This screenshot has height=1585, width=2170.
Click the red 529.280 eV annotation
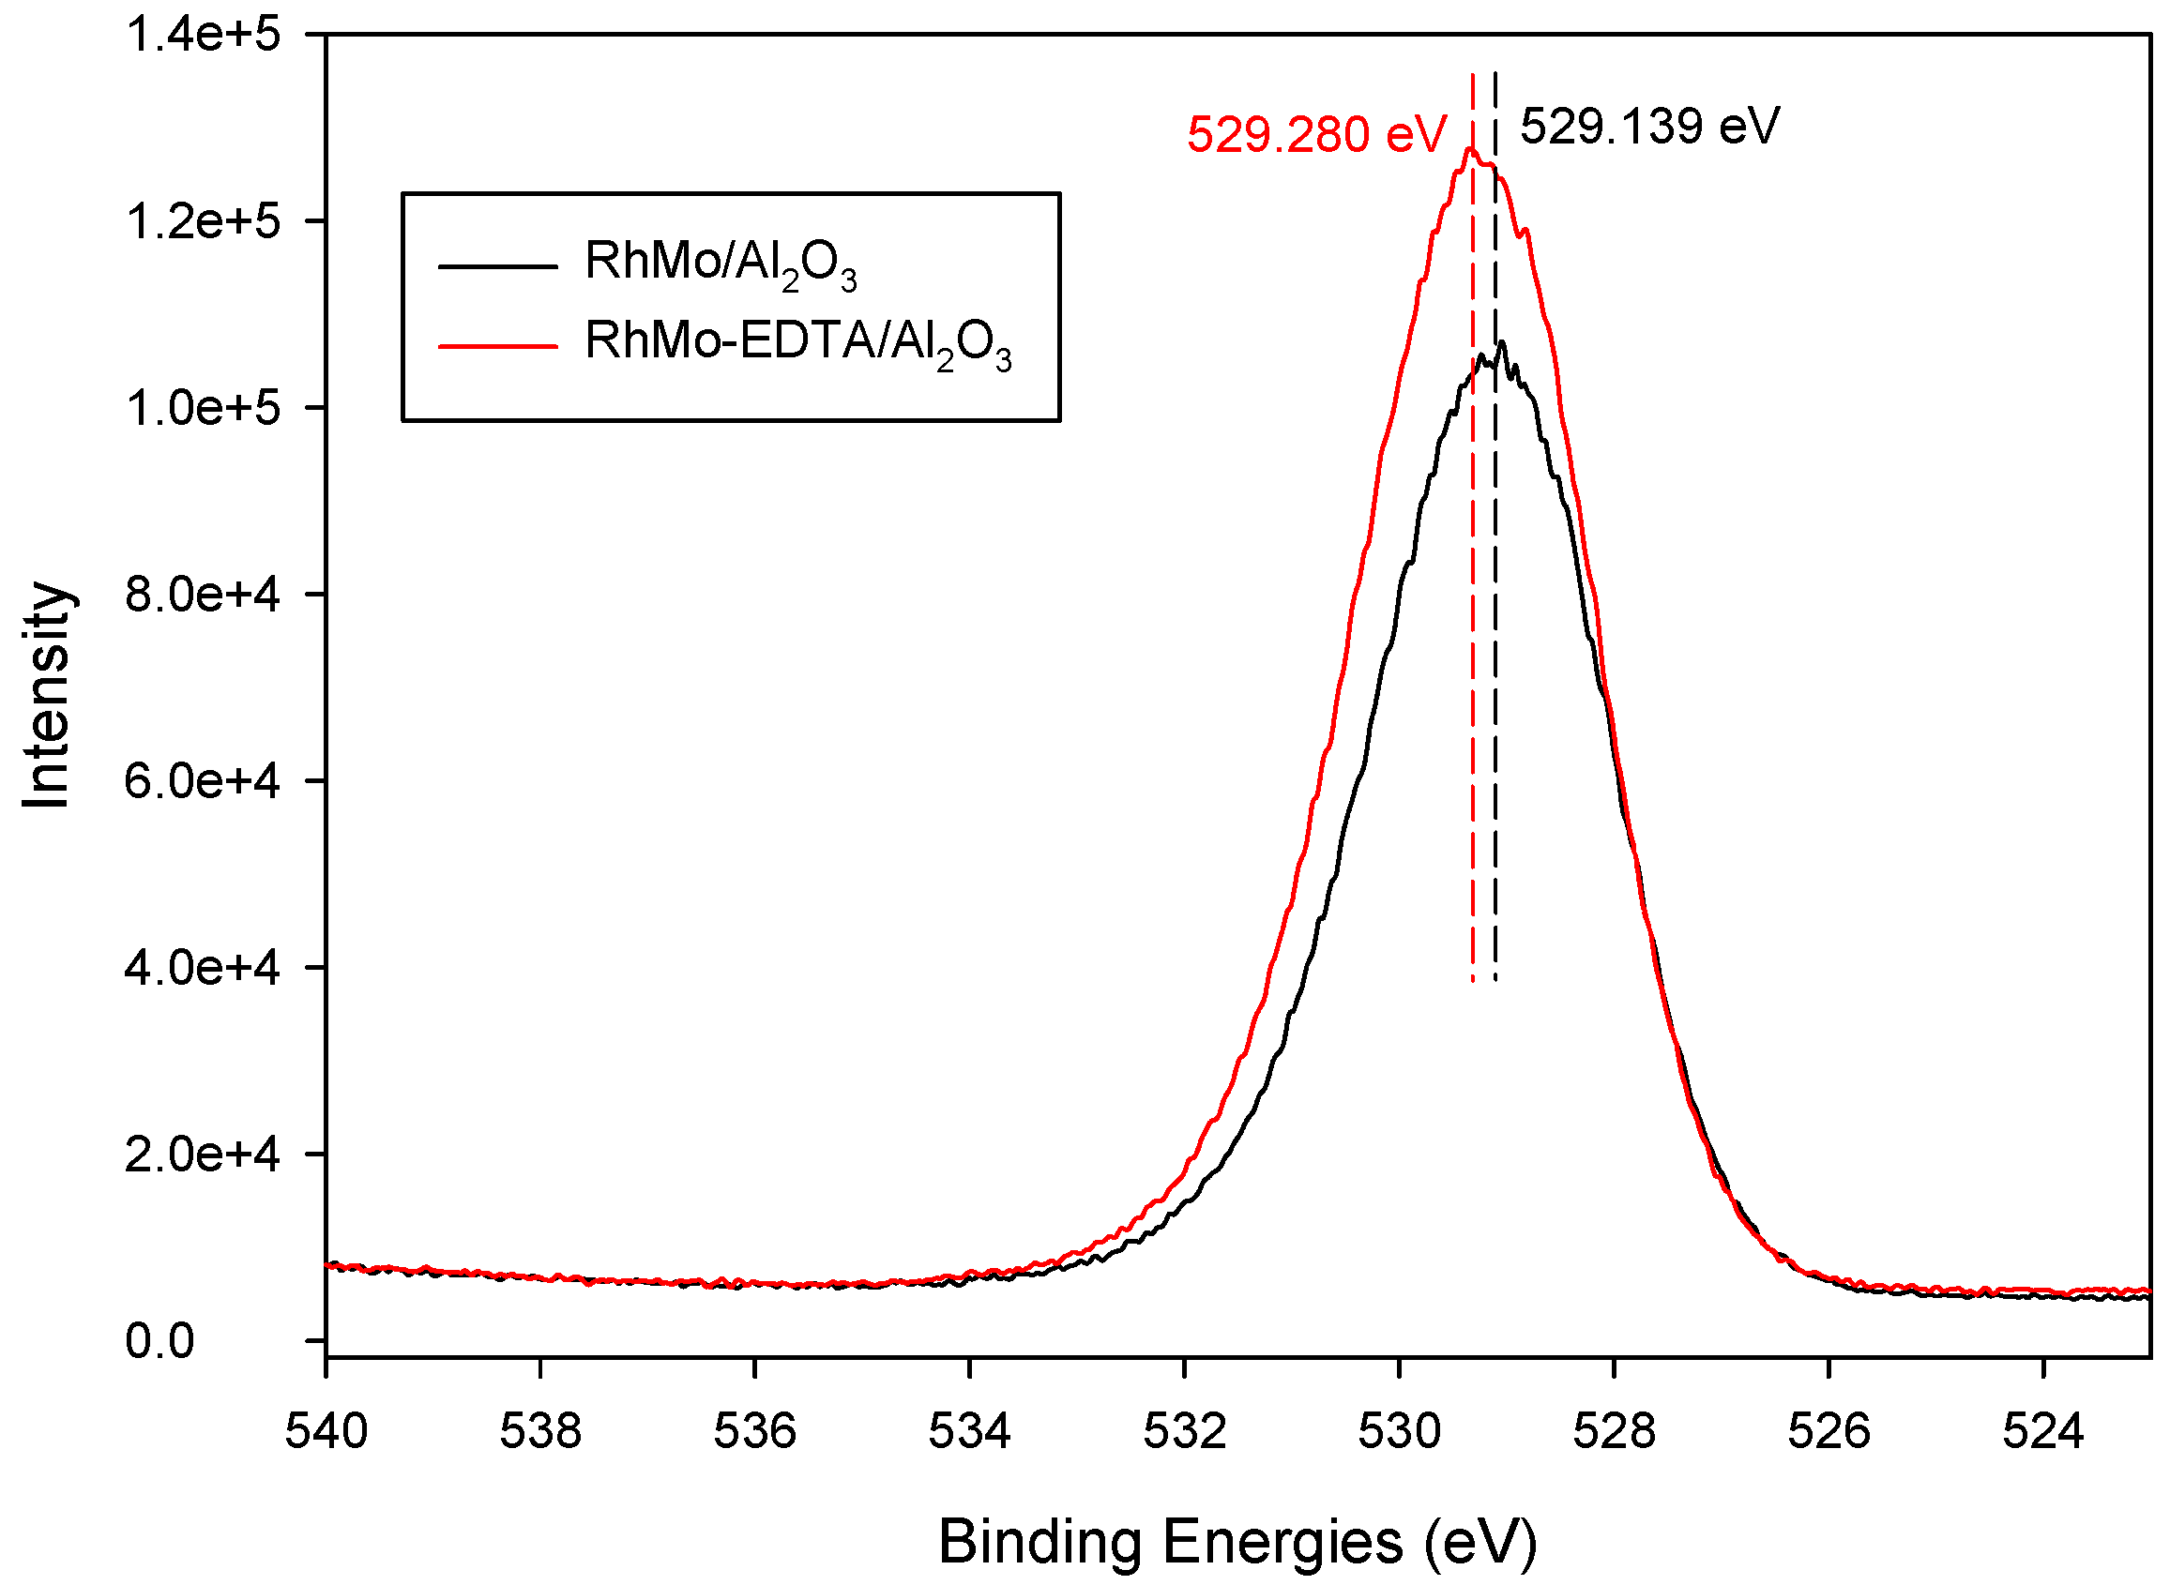tap(1316, 134)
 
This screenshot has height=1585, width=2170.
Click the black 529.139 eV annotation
tap(1650, 126)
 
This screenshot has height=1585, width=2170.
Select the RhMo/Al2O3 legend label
tap(720, 263)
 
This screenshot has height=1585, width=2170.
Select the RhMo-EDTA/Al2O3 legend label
tap(797, 342)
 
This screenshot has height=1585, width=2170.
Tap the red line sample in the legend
tap(498, 344)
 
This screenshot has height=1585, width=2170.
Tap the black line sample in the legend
tap(498, 264)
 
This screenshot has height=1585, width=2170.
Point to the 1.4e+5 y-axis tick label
tap(203, 36)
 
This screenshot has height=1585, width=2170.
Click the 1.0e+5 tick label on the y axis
tap(203, 409)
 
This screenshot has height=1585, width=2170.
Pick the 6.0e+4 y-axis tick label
tap(203, 782)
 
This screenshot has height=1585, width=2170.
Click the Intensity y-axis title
tap(46, 696)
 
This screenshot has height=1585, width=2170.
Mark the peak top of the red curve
tap(1469, 149)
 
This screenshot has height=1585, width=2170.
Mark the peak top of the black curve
tap(1501, 342)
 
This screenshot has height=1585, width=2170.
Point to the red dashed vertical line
tap(1472, 672)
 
